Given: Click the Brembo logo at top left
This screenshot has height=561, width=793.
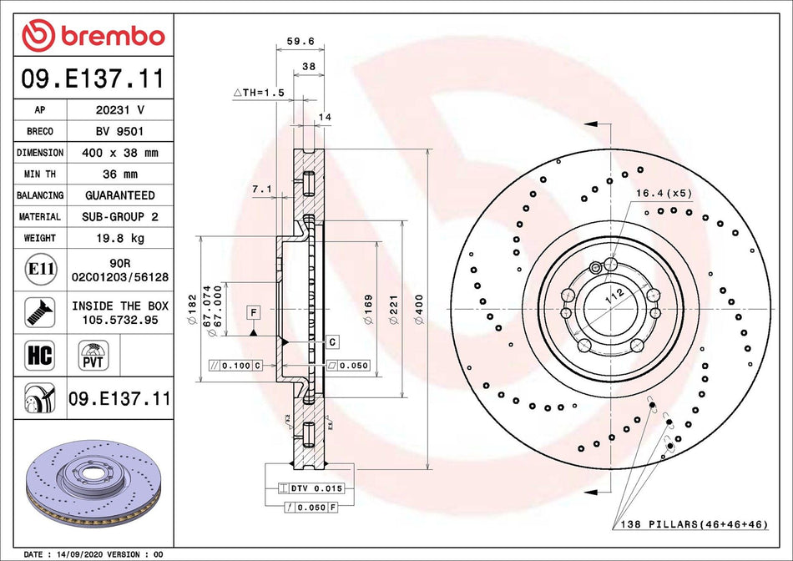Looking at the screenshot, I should [93, 36].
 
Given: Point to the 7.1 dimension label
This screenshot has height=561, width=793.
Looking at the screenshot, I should [261, 190].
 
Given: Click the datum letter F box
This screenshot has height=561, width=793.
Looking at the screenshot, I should [251, 312].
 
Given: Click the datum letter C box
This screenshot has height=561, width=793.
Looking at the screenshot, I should [331, 341].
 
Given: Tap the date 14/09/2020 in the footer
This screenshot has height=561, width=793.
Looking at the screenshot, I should [84, 554].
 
